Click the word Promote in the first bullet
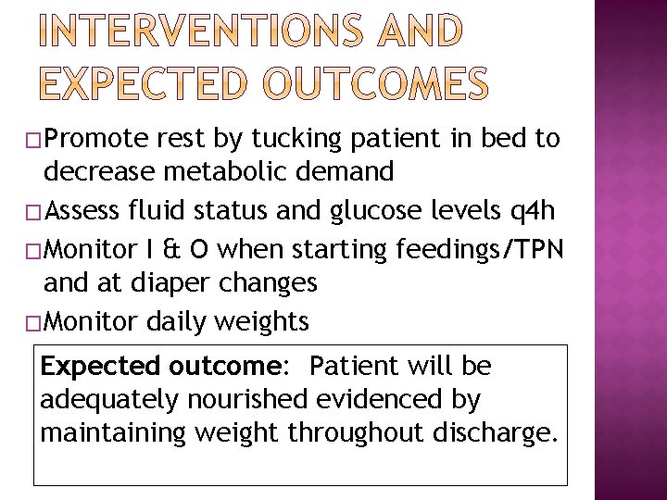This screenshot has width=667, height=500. pos(96,139)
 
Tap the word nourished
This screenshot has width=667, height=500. pos(246,400)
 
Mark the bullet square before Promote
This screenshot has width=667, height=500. pos(36,140)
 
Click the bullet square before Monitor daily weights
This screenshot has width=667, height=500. pos(36,322)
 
